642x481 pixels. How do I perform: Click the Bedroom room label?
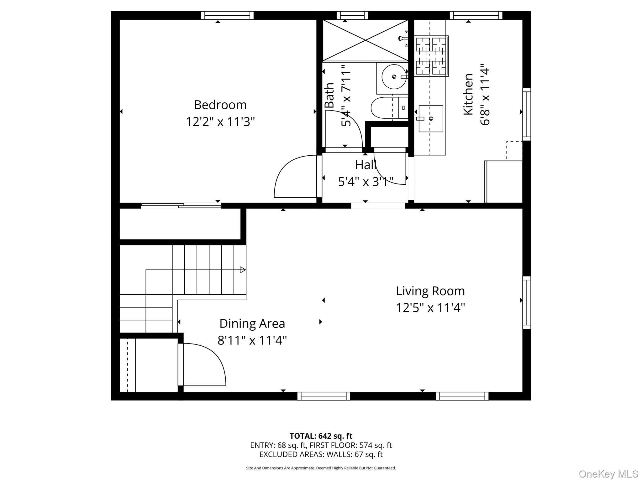point(220,105)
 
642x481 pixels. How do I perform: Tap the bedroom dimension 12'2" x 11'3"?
point(220,122)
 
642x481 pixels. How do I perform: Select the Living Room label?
point(430,291)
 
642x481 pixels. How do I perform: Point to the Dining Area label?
point(252,324)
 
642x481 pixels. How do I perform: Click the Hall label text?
point(366,165)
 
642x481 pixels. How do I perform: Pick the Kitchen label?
point(468,94)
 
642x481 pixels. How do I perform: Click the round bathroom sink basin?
point(394,77)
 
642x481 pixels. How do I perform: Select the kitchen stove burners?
point(431,56)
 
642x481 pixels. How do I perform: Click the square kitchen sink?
point(431,118)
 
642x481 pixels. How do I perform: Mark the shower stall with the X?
point(366,40)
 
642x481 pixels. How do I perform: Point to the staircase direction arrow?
point(243,270)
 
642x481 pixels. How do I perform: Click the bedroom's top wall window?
point(227,15)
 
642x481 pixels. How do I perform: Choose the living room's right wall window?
point(527,303)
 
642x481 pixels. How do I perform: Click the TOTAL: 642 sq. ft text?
point(321,436)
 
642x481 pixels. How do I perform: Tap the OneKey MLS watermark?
point(608,474)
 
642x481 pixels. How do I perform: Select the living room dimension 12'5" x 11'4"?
point(430,308)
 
